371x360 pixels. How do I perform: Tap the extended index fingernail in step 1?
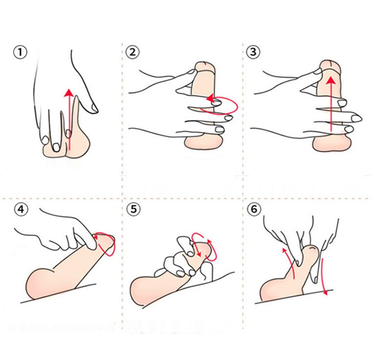pos(94,108)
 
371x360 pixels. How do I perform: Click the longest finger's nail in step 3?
pos(356,118)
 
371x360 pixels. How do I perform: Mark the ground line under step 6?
pos(293,297)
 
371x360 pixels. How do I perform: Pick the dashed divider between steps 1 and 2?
pos(122,111)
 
